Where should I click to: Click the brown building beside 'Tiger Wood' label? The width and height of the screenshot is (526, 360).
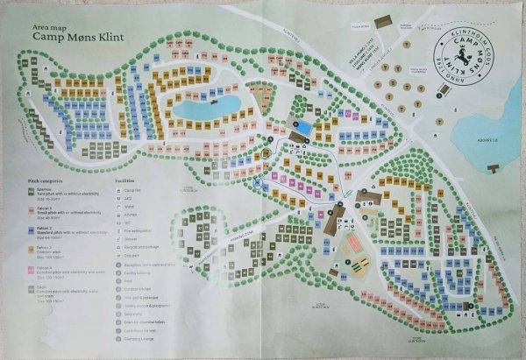380,20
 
